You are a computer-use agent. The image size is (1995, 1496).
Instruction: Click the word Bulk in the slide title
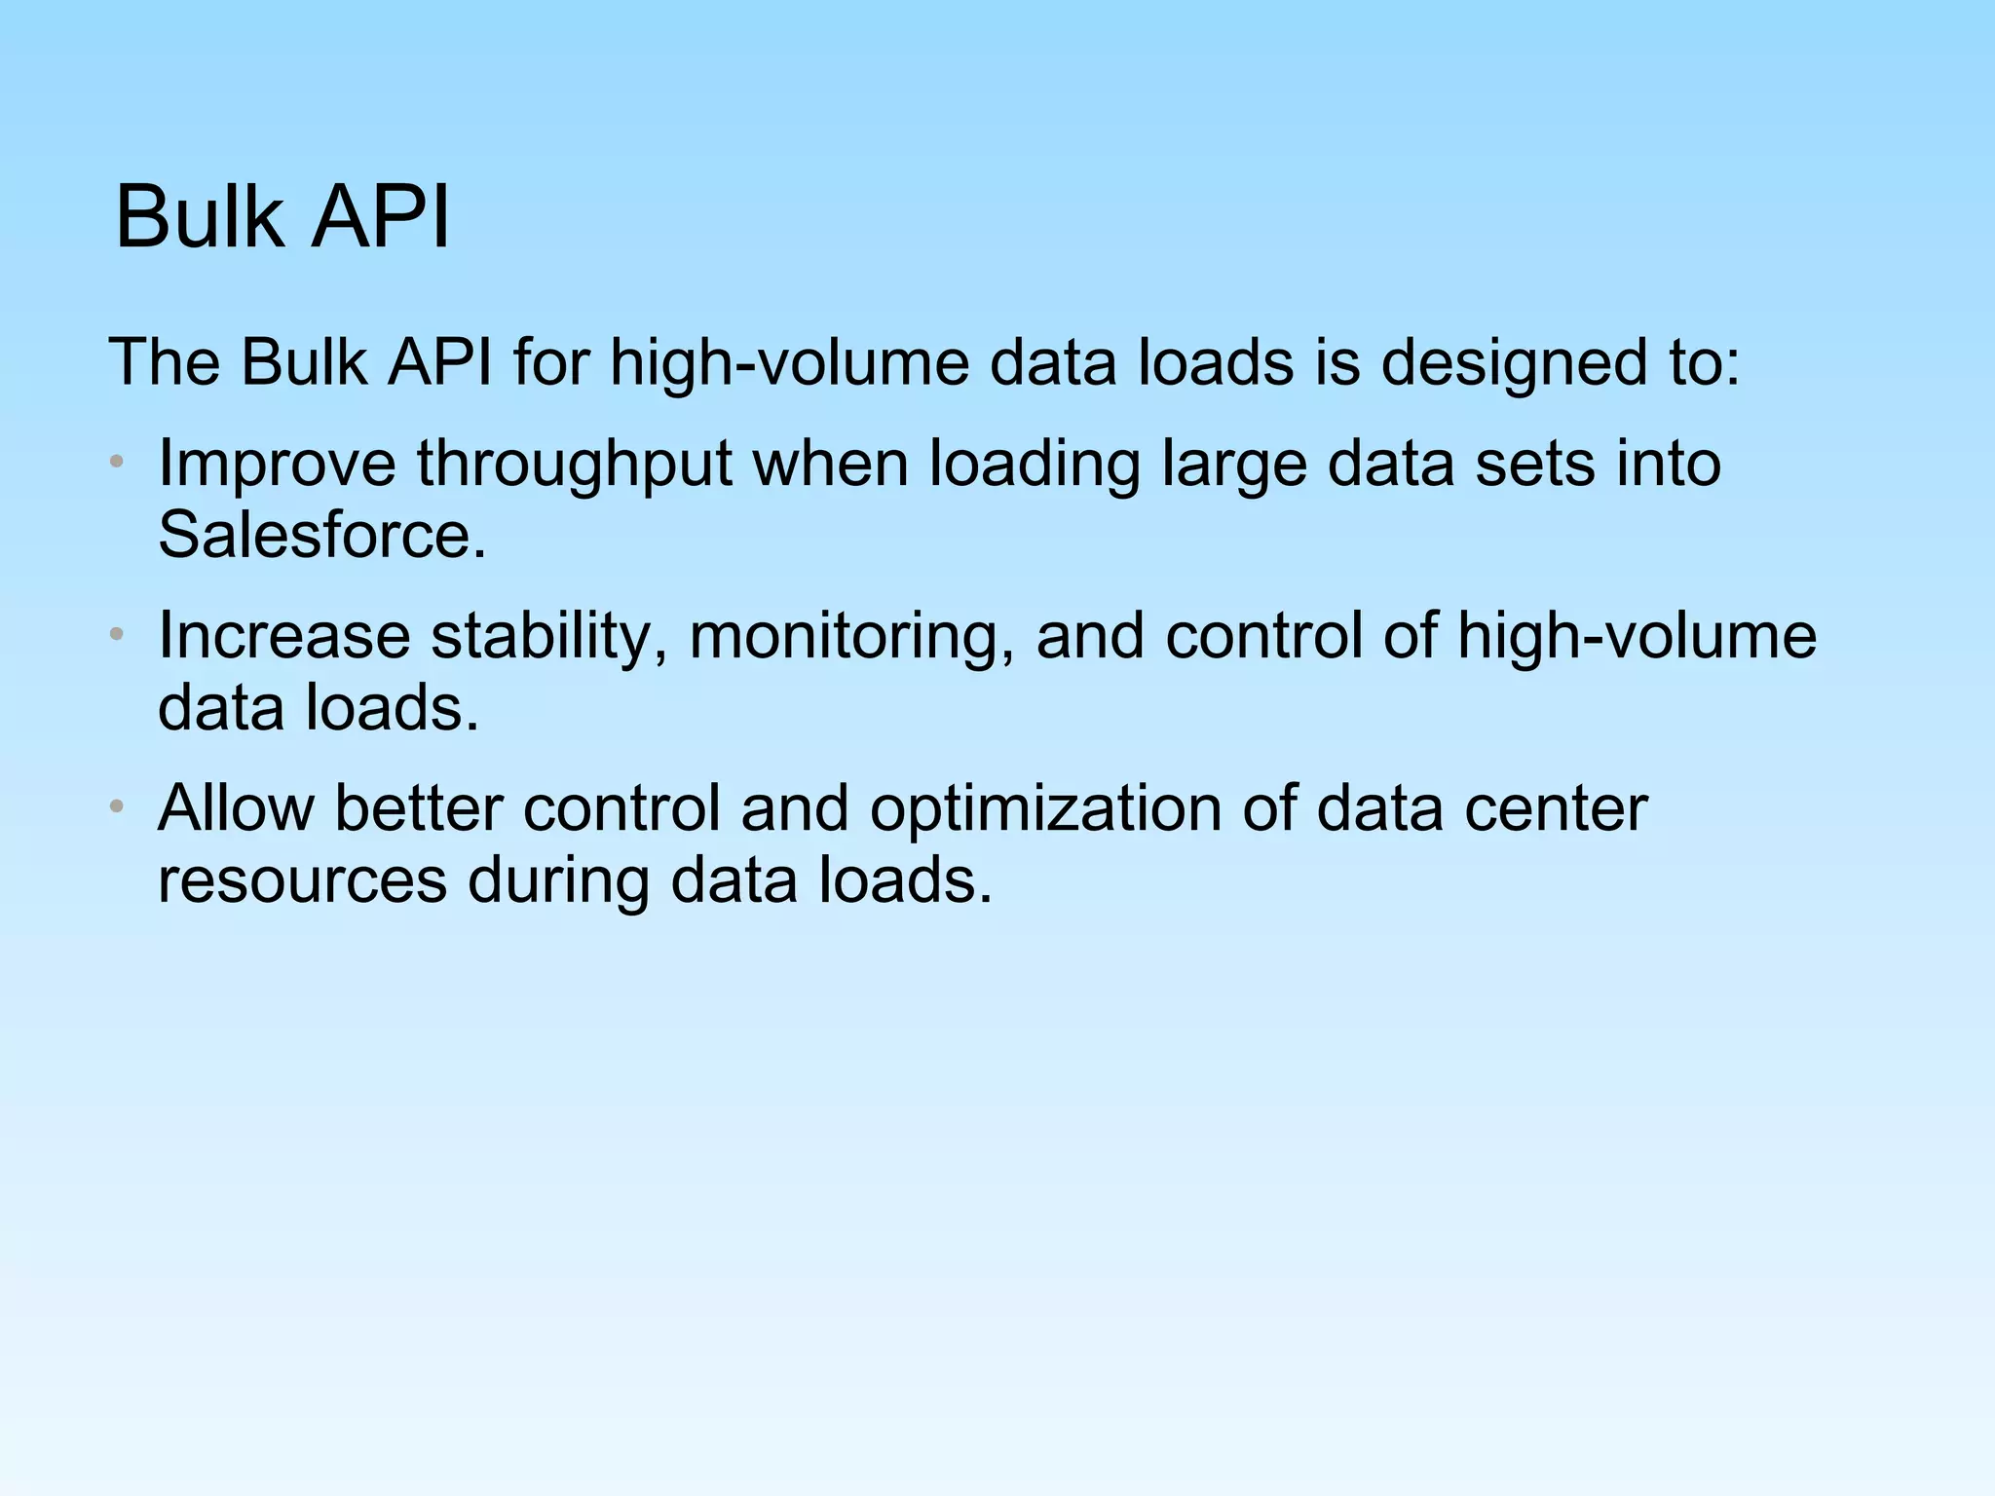pos(201,217)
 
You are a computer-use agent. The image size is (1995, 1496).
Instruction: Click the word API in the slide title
pos(381,217)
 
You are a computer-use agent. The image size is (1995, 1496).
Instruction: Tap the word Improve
pos(277,464)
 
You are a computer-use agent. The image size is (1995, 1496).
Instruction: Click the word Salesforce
pos(321,536)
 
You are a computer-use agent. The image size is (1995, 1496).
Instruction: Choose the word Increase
pos(283,636)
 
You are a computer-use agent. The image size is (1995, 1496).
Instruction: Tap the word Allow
pos(236,808)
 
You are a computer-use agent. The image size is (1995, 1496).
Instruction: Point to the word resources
pos(302,881)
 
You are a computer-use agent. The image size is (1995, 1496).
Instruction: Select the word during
pos(558,881)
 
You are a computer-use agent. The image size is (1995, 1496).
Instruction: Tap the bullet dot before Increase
pos(117,635)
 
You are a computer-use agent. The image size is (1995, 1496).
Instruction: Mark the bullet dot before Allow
pos(117,807)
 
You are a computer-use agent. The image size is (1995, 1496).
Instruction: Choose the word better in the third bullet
pos(418,808)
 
